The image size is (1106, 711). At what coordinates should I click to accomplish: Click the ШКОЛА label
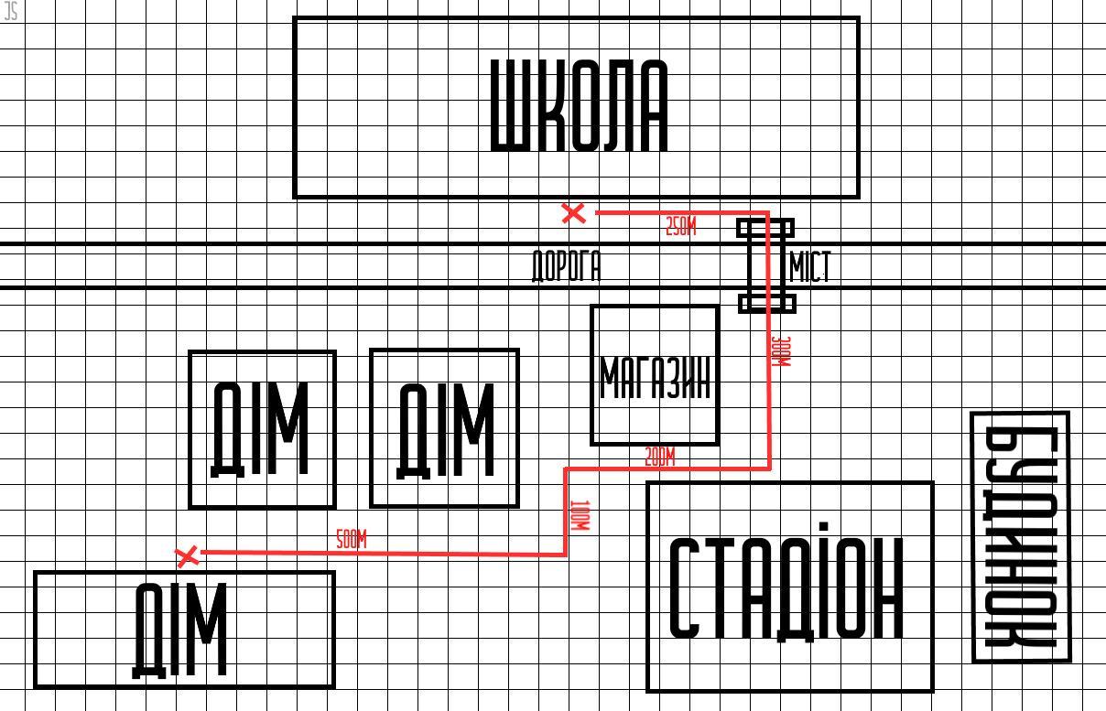point(580,105)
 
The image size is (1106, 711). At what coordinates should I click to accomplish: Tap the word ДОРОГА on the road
point(567,266)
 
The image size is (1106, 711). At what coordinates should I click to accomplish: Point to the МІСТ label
point(809,267)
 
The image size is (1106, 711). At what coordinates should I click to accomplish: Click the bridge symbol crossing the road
point(766,265)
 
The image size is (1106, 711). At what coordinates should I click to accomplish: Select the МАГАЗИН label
point(655,377)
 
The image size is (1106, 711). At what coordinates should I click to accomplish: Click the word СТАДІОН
point(787,587)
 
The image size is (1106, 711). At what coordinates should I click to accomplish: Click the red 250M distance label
point(680,227)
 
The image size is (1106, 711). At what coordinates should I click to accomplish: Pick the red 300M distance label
point(781,351)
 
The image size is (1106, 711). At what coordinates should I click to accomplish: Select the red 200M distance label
point(659,457)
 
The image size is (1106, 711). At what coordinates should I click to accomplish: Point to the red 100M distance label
point(579,515)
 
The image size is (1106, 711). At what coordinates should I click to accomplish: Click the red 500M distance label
point(351,540)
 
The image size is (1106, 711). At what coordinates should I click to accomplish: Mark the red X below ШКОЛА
point(573,213)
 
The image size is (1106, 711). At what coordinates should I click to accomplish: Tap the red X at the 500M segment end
point(186,555)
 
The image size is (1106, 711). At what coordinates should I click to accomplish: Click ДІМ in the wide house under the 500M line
point(180,630)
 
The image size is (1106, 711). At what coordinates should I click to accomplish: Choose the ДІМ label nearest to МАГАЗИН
point(445,430)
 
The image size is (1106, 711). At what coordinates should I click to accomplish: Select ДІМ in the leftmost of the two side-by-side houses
point(261,429)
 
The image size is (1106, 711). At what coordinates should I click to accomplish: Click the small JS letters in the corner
point(11,11)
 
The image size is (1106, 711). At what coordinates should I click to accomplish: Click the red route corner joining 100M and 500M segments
point(566,554)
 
